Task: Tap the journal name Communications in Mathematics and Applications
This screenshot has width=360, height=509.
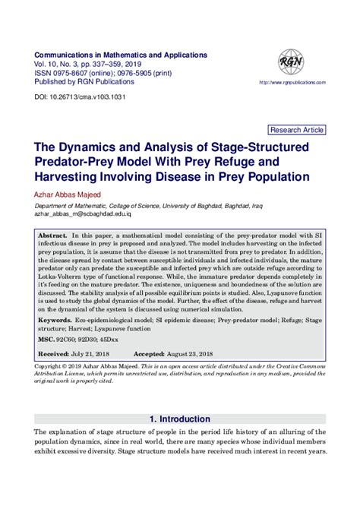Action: (x=120, y=55)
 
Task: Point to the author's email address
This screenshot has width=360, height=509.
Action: (x=86, y=215)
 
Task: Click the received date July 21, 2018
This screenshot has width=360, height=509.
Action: (x=99, y=354)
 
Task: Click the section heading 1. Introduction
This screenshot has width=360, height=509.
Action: (x=180, y=419)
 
